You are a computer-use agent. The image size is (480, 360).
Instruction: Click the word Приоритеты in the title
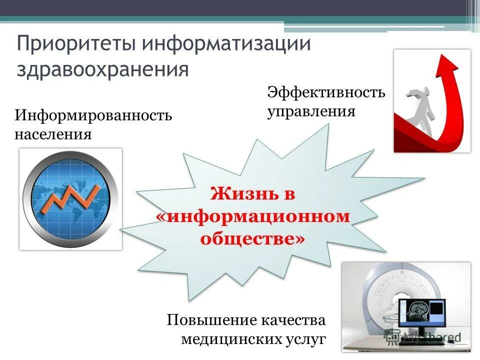point(76,43)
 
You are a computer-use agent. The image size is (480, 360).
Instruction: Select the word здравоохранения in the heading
point(102,69)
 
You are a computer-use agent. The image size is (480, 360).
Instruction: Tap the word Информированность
point(93,116)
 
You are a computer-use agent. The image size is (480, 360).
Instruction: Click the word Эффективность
point(326,92)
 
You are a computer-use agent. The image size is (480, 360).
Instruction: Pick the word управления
point(311,110)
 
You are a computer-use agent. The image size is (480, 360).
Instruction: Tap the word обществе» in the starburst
point(252,238)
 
